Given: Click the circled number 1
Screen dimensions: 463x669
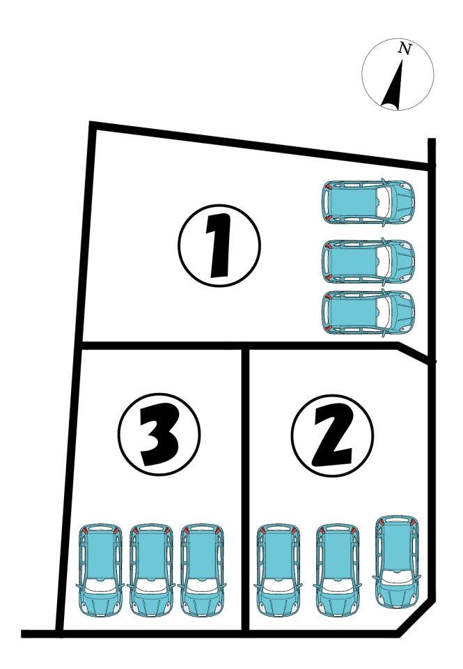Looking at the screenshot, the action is tap(219, 245).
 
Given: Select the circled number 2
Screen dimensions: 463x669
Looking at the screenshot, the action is tap(333, 435).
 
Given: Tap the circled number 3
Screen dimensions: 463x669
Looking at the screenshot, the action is tap(159, 434).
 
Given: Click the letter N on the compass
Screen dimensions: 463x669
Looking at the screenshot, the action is tap(405, 49).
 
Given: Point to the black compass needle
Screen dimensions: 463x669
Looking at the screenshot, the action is tap(394, 84).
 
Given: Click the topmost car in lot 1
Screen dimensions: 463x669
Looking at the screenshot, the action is tap(368, 202).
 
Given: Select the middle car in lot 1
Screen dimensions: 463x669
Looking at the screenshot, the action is tap(368, 261).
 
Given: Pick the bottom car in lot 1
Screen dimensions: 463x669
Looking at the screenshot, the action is tap(368, 312).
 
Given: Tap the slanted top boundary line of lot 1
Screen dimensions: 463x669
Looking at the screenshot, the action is tap(260, 146).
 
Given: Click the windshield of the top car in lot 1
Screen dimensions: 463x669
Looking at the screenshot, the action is tap(384, 202).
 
